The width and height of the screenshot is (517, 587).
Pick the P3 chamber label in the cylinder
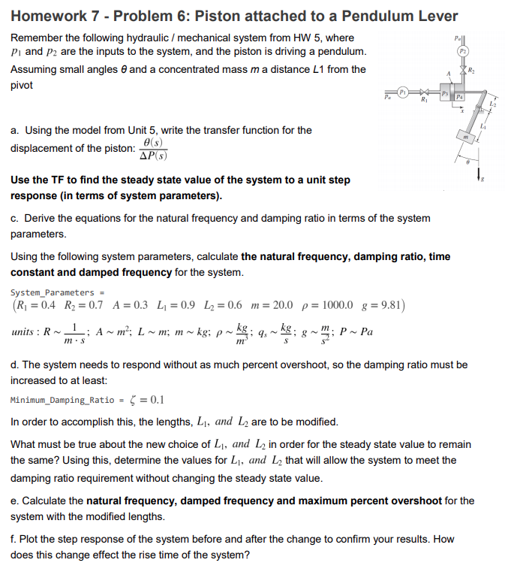pos(445,92)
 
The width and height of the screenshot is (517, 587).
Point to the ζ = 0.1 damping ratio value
pos(147,400)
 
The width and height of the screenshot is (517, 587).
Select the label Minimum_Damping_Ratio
pos(62,401)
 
